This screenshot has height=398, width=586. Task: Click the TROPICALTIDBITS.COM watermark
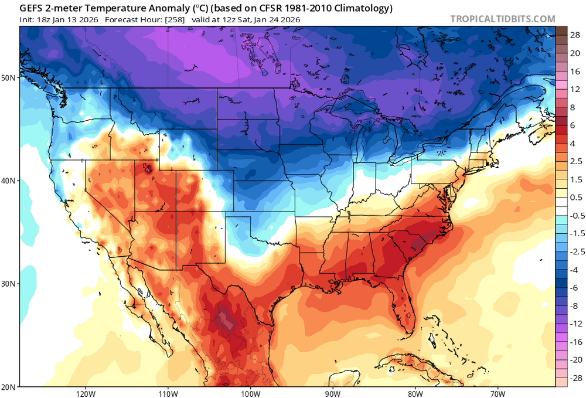(x=502, y=19)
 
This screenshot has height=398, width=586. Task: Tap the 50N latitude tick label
(x=9, y=77)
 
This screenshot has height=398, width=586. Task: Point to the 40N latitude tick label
(x=9, y=181)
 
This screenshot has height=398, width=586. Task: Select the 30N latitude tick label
(x=9, y=284)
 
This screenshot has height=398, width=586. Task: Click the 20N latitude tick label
(x=9, y=386)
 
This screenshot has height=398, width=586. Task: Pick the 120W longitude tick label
(x=86, y=393)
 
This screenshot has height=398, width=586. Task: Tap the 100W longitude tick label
(x=250, y=393)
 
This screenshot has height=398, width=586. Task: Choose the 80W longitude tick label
(x=415, y=393)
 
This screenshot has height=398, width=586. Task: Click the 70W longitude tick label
(x=498, y=393)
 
